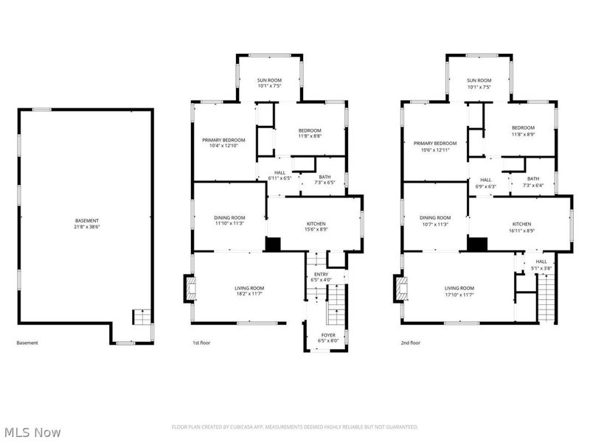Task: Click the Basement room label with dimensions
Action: [86, 224]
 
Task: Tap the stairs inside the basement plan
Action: [140, 318]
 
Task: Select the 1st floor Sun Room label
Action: [268, 83]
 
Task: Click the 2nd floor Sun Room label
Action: [479, 83]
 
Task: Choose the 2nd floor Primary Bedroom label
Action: [434, 146]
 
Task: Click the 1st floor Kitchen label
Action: [316, 227]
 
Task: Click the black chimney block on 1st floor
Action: [273, 245]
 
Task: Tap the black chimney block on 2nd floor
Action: [478, 245]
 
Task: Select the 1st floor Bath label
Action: [324, 180]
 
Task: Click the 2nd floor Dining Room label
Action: [434, 221]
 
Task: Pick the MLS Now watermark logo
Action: [33, 432]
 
